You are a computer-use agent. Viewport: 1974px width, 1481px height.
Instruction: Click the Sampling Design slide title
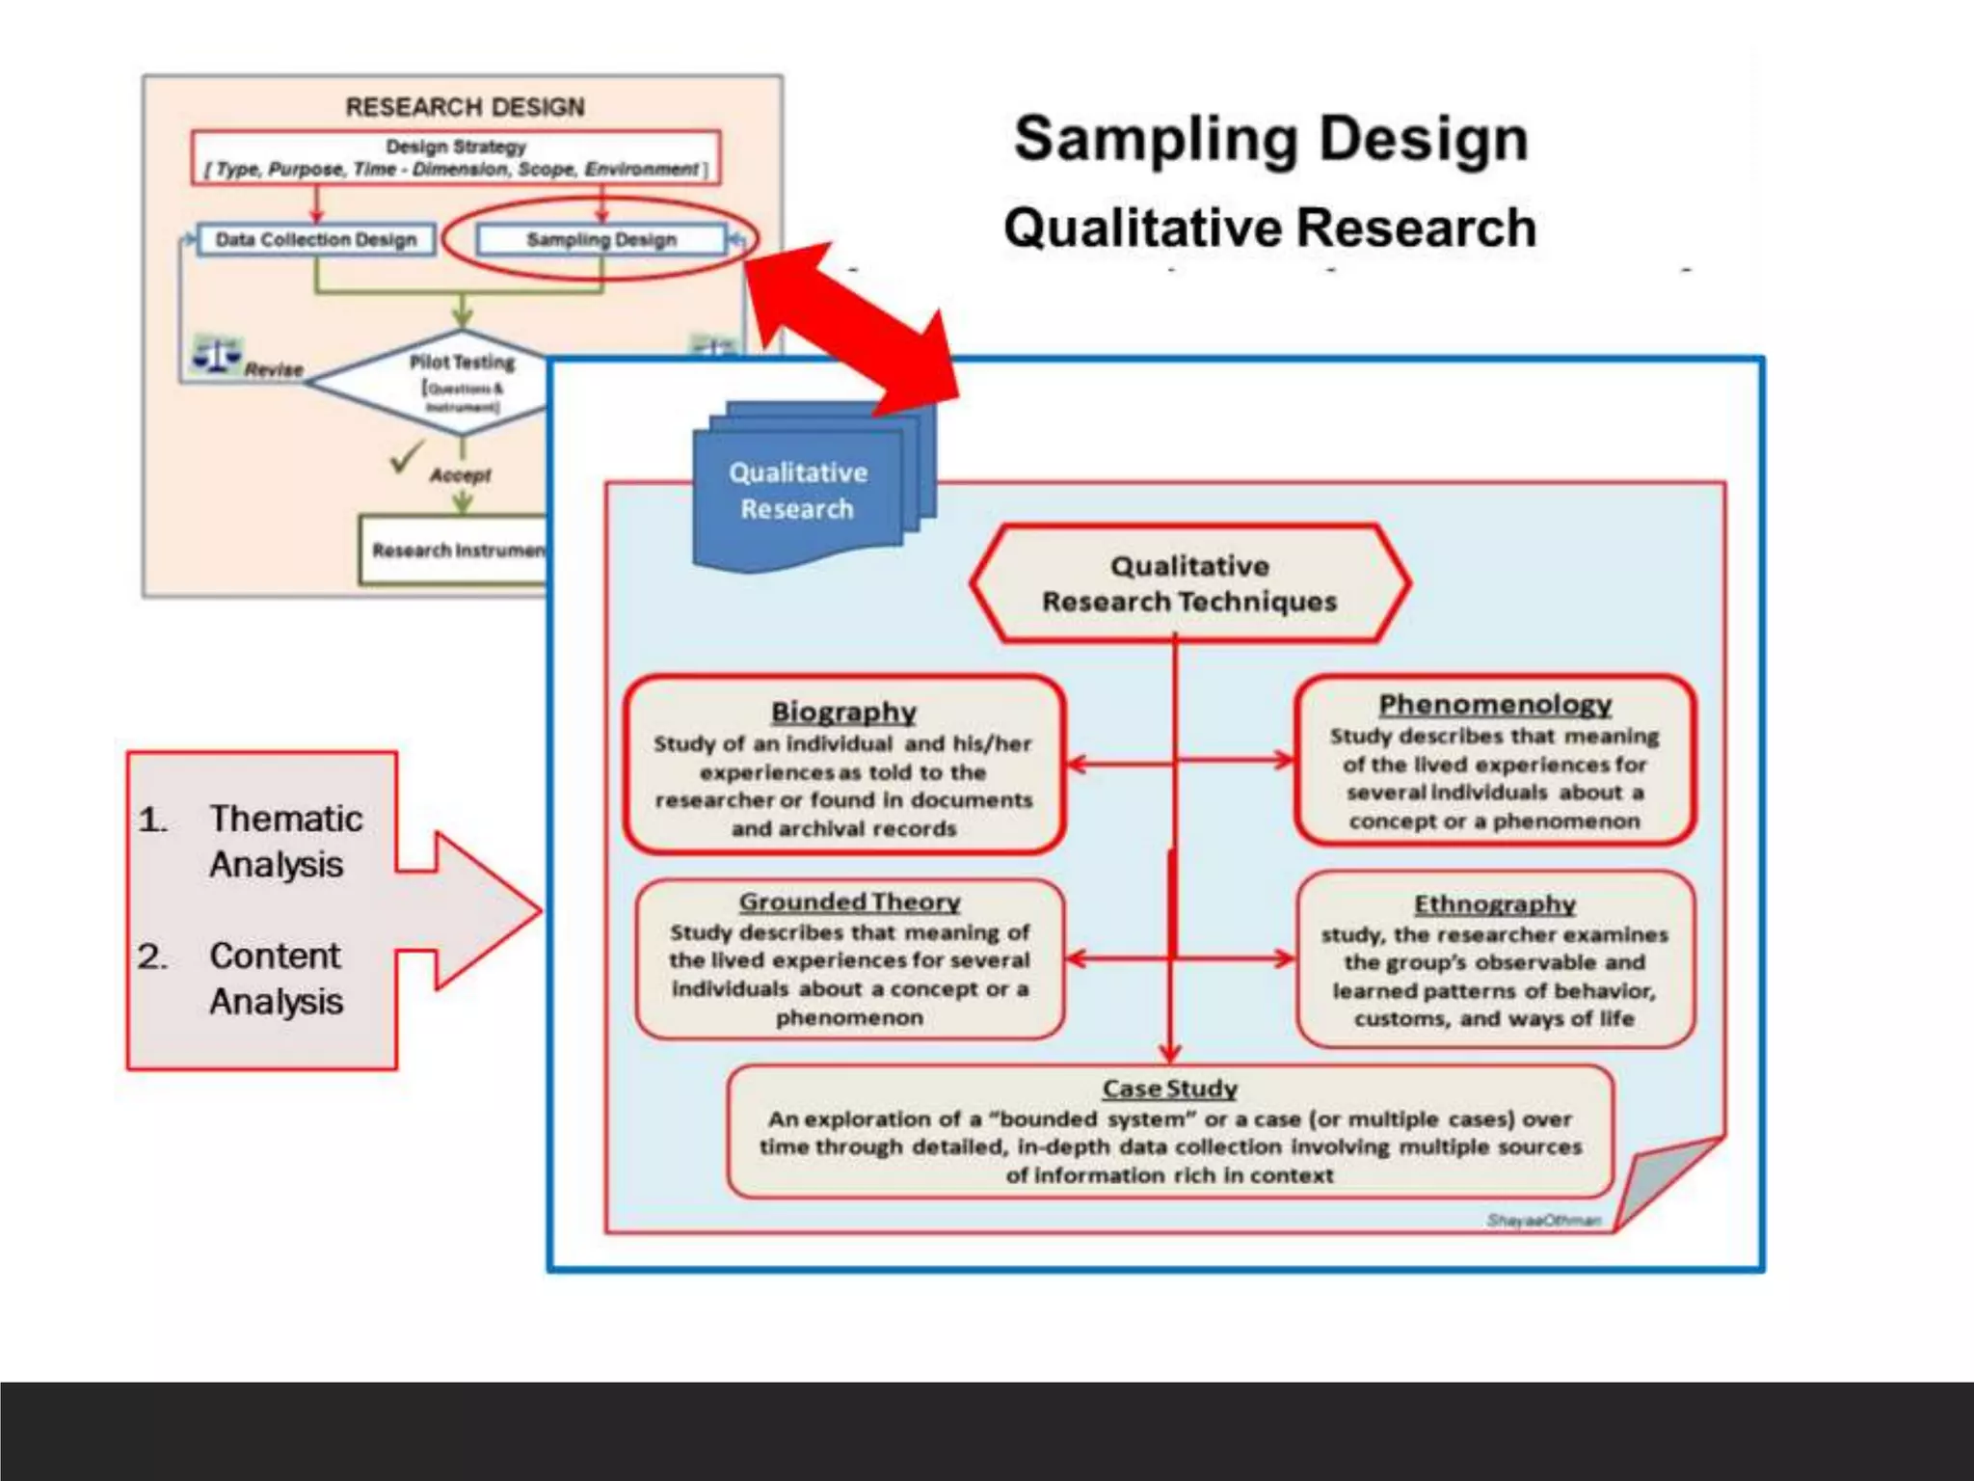1270,140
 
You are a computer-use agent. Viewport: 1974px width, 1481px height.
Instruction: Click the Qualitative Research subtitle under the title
1269,229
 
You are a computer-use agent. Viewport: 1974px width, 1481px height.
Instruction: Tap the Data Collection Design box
316,239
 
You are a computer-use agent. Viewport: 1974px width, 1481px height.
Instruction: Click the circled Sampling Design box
601,239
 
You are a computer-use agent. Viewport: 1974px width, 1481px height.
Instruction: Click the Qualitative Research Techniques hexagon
1189,583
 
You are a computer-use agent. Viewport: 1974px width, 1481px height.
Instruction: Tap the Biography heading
843,712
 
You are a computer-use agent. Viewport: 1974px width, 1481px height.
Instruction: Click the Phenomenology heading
1495,704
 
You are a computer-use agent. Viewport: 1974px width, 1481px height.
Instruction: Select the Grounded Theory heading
849,902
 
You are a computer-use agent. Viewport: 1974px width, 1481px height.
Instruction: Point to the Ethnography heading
1495,903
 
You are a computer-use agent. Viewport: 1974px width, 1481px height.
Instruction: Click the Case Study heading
1169,1089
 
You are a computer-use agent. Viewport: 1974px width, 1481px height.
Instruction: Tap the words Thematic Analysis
285,841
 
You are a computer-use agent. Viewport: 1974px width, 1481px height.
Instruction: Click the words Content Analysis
276,978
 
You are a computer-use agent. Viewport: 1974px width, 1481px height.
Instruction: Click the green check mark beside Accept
407,456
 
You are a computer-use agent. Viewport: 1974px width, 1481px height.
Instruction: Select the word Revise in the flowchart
274,369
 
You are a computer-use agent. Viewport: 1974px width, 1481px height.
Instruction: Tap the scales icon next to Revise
218,354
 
